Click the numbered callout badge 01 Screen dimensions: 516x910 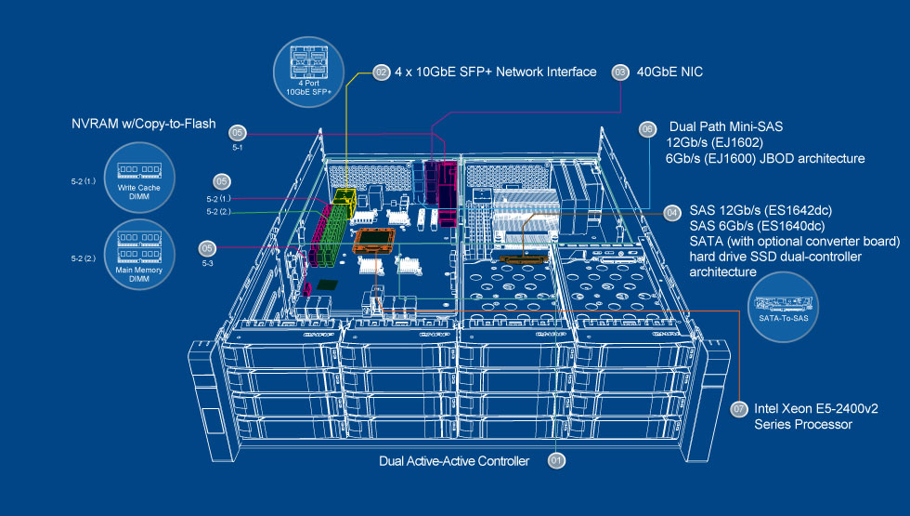[557, 459]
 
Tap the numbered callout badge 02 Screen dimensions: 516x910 [381, 72]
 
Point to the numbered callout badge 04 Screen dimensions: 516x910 [672, 213]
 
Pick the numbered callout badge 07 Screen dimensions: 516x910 [739, 408]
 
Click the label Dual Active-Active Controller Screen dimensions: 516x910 [454, 460]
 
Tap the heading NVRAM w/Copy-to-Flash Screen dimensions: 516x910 [144, 124]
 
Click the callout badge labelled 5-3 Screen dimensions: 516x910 [208, 247]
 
